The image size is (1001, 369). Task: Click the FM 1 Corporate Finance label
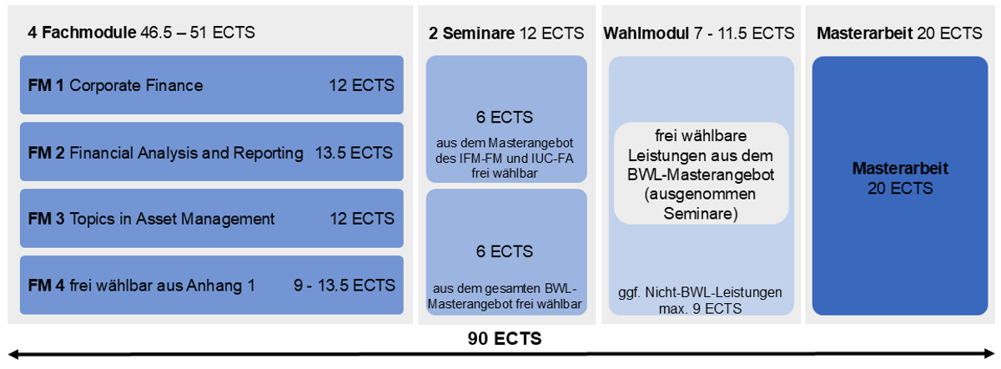point(115,85)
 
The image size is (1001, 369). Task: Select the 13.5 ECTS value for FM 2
point(354,153)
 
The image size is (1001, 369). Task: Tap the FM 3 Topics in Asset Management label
point(151,219)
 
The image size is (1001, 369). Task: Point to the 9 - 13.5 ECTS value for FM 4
point(345,285)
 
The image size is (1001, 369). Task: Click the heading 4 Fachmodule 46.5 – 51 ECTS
point(141,33)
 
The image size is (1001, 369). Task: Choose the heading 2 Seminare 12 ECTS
point(506,33)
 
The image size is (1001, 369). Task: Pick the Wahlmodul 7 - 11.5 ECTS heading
point(699,33)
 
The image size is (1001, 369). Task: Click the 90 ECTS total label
point(505,339)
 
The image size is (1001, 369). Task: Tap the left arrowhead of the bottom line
point(13,355)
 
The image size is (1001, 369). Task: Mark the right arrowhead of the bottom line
point(989,354)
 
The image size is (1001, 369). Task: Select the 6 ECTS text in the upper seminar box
point(505,117)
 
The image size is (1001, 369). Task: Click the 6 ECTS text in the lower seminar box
point(505,251)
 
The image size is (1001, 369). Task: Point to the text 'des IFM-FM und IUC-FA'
point(505,159)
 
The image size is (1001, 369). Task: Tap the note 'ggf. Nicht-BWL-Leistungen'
point(700,292)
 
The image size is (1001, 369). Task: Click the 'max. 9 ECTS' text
point(700,308)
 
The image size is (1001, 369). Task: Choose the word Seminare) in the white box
point(701,214)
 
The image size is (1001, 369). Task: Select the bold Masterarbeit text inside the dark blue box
point(900,168)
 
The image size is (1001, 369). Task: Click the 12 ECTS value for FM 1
point(361,85)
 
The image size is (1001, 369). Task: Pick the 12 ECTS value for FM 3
point(362,219)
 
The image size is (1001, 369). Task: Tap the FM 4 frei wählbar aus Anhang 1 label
point(141,285)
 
